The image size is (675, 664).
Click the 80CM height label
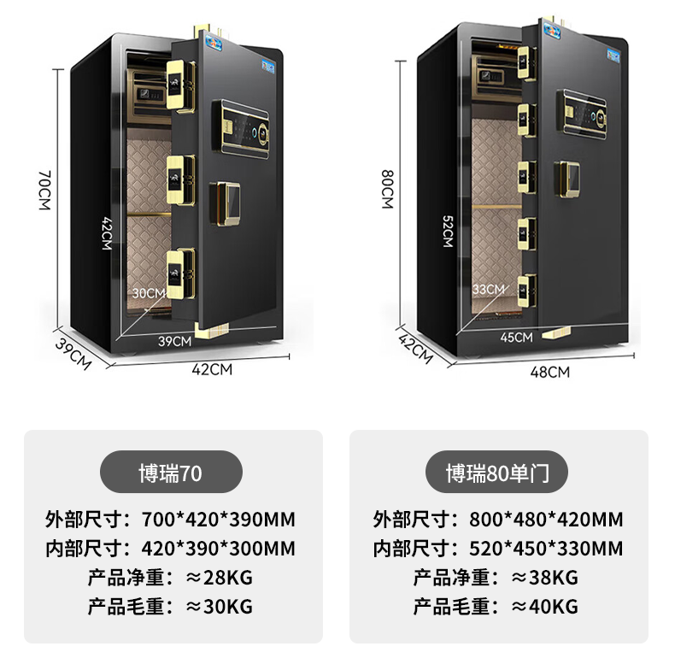click(387, 190)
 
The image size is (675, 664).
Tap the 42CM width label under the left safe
click(213, 369)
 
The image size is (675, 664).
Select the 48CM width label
click(551, 371)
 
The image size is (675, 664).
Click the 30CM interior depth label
click(148, 292)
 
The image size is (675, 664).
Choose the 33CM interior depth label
click(489, 289)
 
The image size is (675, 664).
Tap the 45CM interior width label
click(516, 337)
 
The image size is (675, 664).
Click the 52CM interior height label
click(446, 230)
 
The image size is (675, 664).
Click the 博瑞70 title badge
click(171, 472)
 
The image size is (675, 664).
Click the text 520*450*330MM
click(546, 549)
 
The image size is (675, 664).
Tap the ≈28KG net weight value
click(220, 577)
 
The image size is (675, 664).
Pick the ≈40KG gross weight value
click(544, 607)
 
